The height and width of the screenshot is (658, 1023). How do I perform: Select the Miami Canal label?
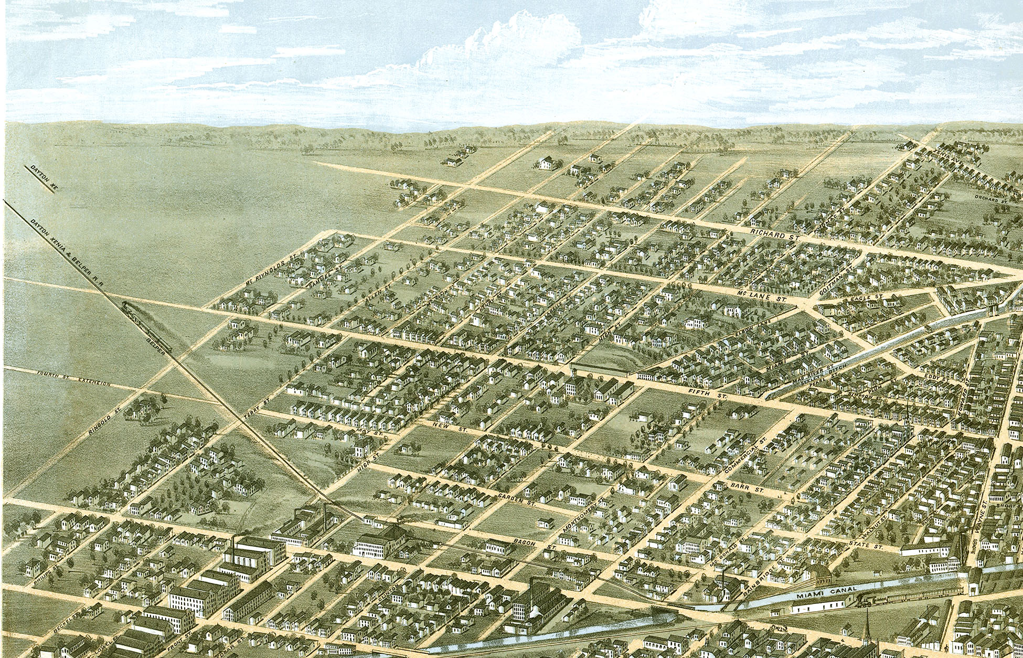coord(826,593)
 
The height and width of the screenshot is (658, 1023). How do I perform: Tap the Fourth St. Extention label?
coord(73,379)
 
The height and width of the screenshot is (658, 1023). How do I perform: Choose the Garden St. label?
coord(515,498)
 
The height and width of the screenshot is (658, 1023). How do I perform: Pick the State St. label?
coord(866,545)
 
